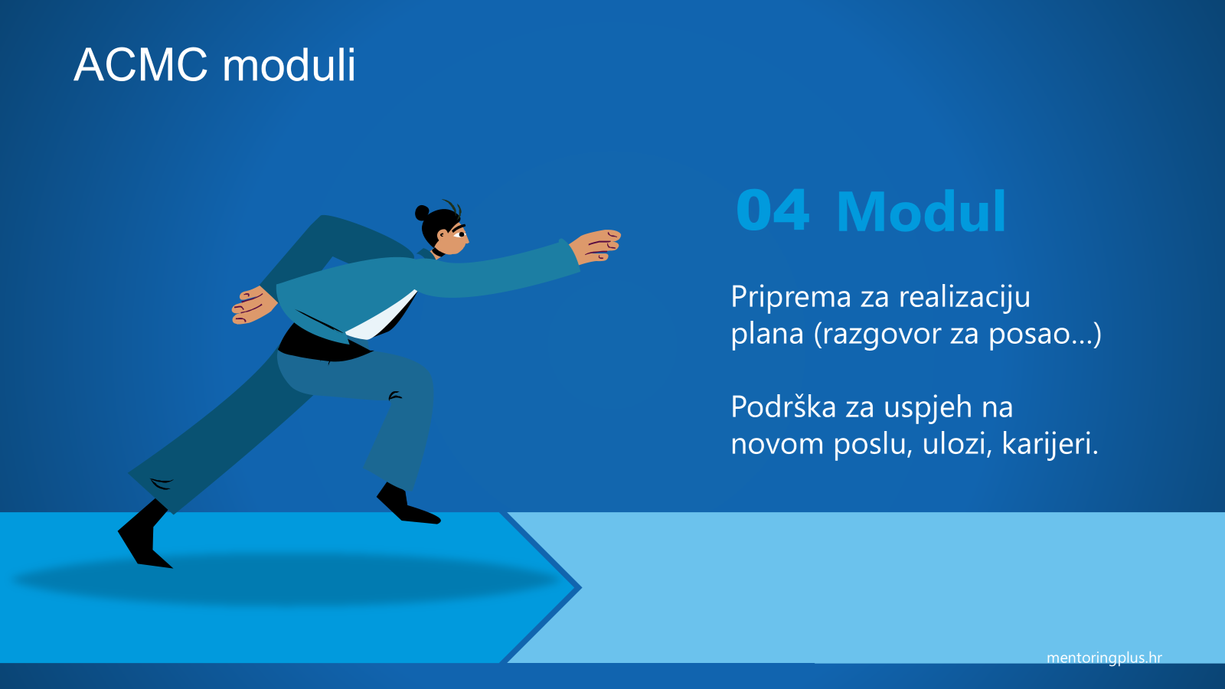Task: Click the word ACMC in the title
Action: coord(141,65)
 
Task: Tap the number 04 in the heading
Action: coord(773,211)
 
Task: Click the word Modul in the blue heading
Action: coord(922,211)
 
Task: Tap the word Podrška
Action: coord(783,407)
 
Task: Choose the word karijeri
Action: coord(1050,443)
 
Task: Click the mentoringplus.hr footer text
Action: coord(1104,658)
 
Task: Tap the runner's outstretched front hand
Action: coord(596,247)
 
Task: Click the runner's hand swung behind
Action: coord(253,305)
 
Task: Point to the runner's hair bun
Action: coord(422,212)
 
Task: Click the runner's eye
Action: coord(460,234)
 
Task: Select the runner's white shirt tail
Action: coord(381,317)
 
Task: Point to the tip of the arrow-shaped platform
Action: coord(581,588)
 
